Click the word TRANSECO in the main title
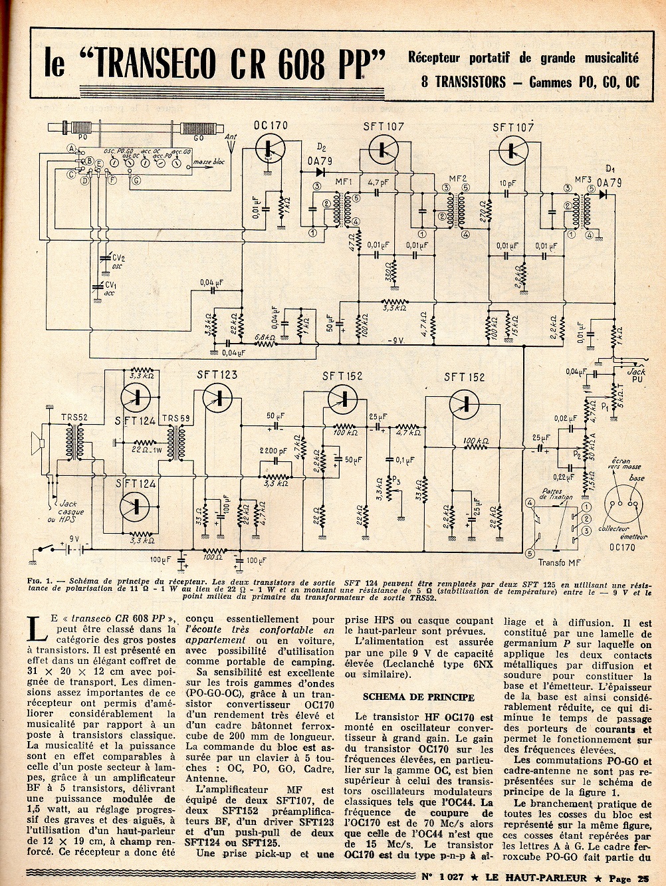[156, 64]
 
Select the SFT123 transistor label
[217, 376]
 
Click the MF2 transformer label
[458, 178]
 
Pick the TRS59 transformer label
[174, 418]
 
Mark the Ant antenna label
[231, 138]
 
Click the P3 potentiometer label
[397, 480]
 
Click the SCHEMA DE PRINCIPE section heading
[418, 697]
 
